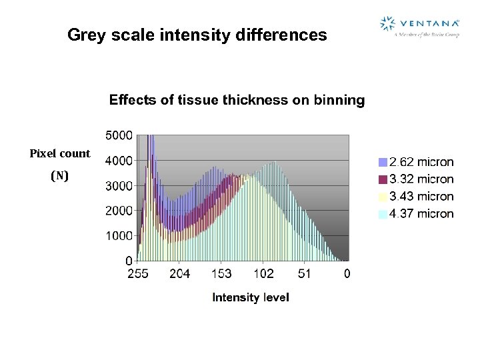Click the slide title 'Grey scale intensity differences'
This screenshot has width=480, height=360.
pos(197,35)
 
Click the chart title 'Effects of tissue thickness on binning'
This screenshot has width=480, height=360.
pos(237,101)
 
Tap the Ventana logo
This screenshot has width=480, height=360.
pos(419,26)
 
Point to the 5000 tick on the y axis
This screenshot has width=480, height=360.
pos(119,135)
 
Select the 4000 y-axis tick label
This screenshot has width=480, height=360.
pos(119,161)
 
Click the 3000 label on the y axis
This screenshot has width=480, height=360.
pos(119,186)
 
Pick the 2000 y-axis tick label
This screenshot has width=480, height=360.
pos(119,211)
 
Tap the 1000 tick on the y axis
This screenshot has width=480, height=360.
pos(119,236)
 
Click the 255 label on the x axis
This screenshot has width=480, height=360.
pos(137,273)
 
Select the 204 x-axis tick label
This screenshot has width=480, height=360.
pos(179,273)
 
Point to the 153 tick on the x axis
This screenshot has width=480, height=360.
pos(221,273)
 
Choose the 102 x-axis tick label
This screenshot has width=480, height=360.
pos(263,273)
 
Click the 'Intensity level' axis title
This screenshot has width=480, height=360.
pos(251,297)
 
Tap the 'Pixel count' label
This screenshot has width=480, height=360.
pos(59,153)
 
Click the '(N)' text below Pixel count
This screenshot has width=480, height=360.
pos(59,176)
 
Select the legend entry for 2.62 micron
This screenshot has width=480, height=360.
pos(416,162)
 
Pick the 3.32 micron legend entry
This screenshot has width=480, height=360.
pos(416,179)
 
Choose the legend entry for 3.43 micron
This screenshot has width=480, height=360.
pos(416,197)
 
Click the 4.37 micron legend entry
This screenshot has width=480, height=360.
pos(416,214)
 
